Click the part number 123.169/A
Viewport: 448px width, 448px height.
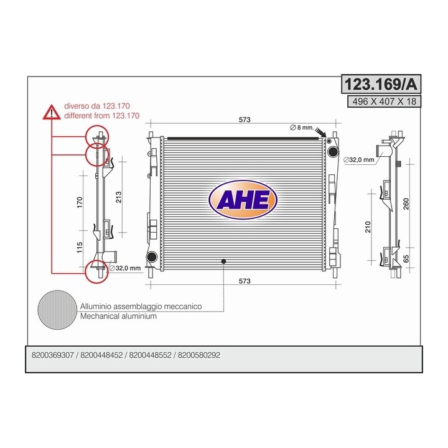[x=381, y=84]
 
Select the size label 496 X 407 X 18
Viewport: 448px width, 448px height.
[x=384, y=101]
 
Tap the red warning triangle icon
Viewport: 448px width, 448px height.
[x=52, y=112]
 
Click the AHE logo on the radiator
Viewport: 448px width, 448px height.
[x=243, y=200]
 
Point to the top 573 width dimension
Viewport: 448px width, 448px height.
[x=245, y=119]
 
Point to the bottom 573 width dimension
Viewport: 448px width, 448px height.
[x=245, y=281]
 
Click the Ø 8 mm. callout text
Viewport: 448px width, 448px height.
[x=302, y=128]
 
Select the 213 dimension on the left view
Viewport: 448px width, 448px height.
[x=118, y=197]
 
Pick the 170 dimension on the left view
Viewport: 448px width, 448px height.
[x=80, y=202]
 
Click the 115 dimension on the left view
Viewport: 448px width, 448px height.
[x=80, y=248]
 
